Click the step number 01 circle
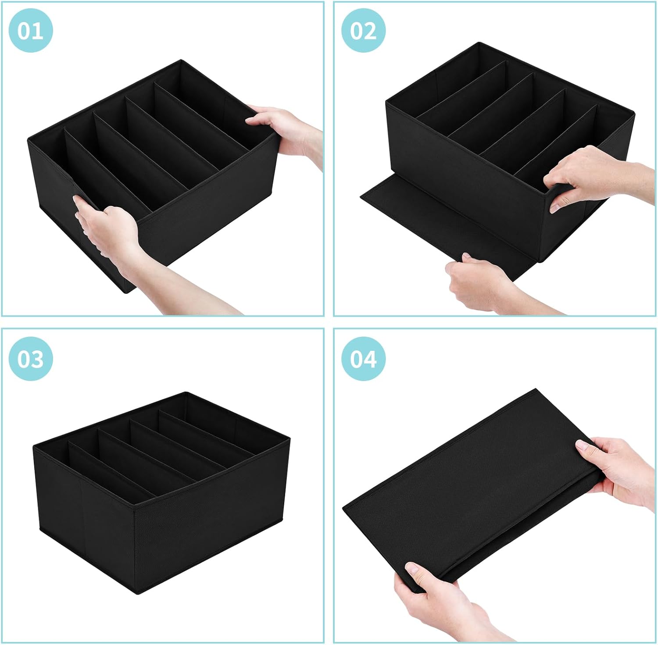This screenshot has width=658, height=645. tap(31, 31)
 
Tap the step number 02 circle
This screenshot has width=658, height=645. tap(364, 31)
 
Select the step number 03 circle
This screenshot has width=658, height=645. tap(31, 359)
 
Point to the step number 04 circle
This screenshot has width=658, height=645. tap(364, 359)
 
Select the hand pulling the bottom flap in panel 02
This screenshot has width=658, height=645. tap(474, 281)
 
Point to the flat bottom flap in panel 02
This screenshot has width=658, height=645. tap(421, 219)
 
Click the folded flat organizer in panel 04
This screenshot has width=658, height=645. tap(474, 487)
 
